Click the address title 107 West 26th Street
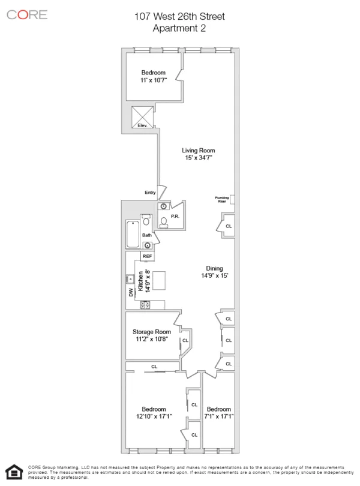point(181,17)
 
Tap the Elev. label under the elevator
point(143,126)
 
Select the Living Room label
point(199,151)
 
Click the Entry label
point(150,192)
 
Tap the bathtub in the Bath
point(132,236)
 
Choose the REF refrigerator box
point(148,256)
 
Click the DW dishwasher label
point(130,292)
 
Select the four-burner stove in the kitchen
point(145,305)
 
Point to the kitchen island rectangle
point(160,280)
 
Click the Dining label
point(214,268)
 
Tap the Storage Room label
point(152,332)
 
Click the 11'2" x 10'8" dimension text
point(152,339)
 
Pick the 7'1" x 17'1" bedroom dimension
point(218,416)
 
